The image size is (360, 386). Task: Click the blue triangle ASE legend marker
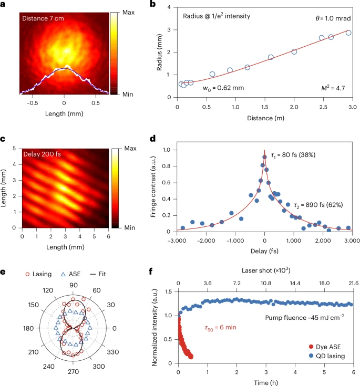pos(64,274)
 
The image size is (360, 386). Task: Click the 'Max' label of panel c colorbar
pos(127,150)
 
